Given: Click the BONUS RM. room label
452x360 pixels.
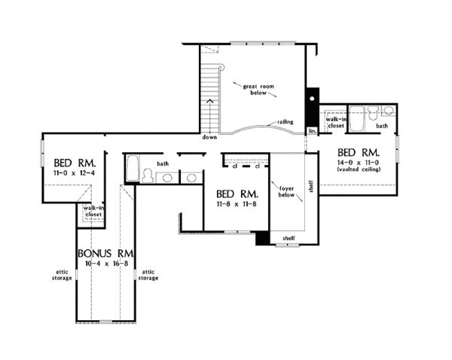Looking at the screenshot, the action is [x=105, y=253].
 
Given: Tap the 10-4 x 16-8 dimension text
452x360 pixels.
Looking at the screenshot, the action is [x=106, y=264].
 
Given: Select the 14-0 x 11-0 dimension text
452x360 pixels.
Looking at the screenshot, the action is [x=358, y=162].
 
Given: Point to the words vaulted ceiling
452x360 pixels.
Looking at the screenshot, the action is [x=359, y=169].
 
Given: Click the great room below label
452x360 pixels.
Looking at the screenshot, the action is [x=258, y=90].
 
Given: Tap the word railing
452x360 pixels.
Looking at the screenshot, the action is [x=285, y=122].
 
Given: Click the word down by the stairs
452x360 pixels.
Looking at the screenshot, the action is [x=209, y=137].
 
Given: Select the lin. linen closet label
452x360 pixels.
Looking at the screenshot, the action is [x=313, y=131].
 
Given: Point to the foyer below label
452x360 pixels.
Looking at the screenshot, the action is [x=286, y=191].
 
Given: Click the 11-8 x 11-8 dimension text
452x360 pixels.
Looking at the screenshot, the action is [x=237, y=204].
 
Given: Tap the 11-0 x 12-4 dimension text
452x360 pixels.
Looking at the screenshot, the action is [x=74, y=173].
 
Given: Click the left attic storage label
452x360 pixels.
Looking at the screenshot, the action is [x=62, y=275].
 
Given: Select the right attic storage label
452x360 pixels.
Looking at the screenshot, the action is [x=148, y=275].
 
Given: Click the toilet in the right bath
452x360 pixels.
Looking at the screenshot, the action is [x=373, y=113].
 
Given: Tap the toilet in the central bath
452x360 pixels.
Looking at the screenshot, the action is [x=148, y=175].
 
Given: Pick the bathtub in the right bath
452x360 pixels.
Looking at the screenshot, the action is [x=356, y=119].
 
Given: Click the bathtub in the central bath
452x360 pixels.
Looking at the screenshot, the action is [x=133, y=169].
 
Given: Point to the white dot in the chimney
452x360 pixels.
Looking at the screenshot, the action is [x=312, y=99].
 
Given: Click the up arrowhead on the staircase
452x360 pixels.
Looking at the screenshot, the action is [x=210, y=101].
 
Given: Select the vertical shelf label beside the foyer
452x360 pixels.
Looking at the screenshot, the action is [x=310, y=187].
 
